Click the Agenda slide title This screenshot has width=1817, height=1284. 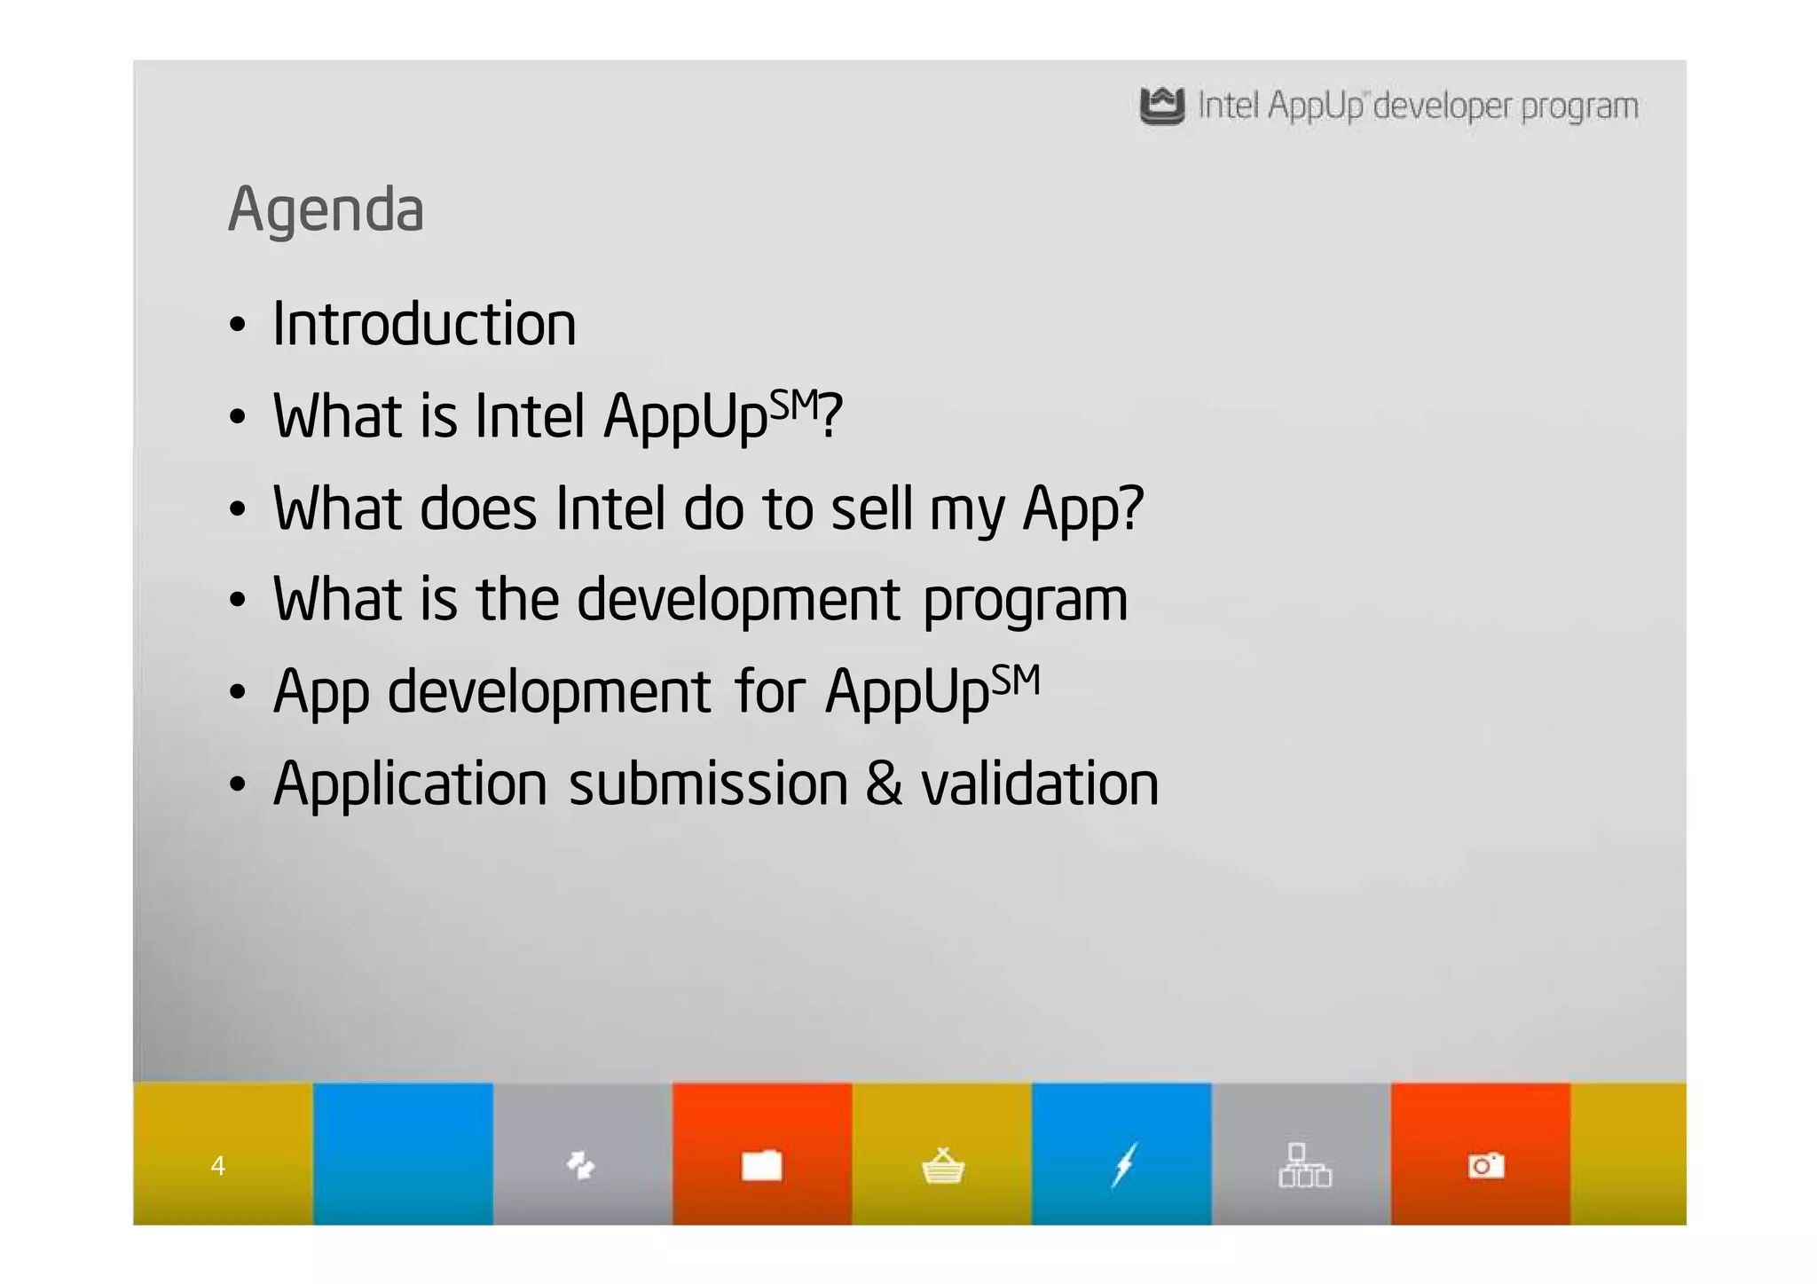point(326,210)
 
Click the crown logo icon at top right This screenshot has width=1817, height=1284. point(1161,106)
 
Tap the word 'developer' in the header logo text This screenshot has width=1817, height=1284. point(1442,106)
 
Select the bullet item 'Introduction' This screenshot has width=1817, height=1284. point(424,324)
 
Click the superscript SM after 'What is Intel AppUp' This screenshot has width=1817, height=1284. point(792,406)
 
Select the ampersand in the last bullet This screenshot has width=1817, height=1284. point(884,784)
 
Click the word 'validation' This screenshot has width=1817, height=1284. point(1040,784)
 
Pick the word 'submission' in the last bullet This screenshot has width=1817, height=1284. point(708,784)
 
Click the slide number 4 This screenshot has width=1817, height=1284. point(217,1165)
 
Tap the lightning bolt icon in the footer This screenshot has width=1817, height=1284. point(1123,1164)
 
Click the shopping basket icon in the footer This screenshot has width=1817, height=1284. point(942,1165)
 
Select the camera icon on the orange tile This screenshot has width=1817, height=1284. point(1485,1164)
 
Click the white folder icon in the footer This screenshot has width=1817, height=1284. point(761,1165)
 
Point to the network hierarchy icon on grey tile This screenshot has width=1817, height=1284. point(1303,1165)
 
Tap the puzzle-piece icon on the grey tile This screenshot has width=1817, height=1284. point(580,1164)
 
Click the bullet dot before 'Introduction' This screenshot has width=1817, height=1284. point(236,326)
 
